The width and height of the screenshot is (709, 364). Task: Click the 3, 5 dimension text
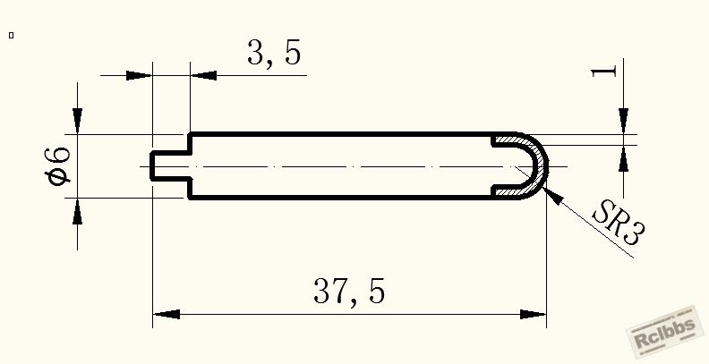[274, 54]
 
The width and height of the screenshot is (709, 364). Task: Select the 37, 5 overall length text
[349, 292]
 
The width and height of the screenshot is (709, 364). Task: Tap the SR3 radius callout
[619, 223]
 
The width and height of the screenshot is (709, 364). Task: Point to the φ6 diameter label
[58, 166]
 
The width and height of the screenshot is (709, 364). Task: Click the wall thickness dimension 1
[604, 71]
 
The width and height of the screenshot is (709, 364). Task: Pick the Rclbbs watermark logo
[664, 332]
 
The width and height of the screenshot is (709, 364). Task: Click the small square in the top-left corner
[12, 35]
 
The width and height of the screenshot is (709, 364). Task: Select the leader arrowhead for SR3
[552, 195]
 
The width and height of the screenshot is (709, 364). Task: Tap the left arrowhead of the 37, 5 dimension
[167, 314]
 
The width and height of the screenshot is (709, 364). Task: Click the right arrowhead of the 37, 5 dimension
[534, 314]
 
